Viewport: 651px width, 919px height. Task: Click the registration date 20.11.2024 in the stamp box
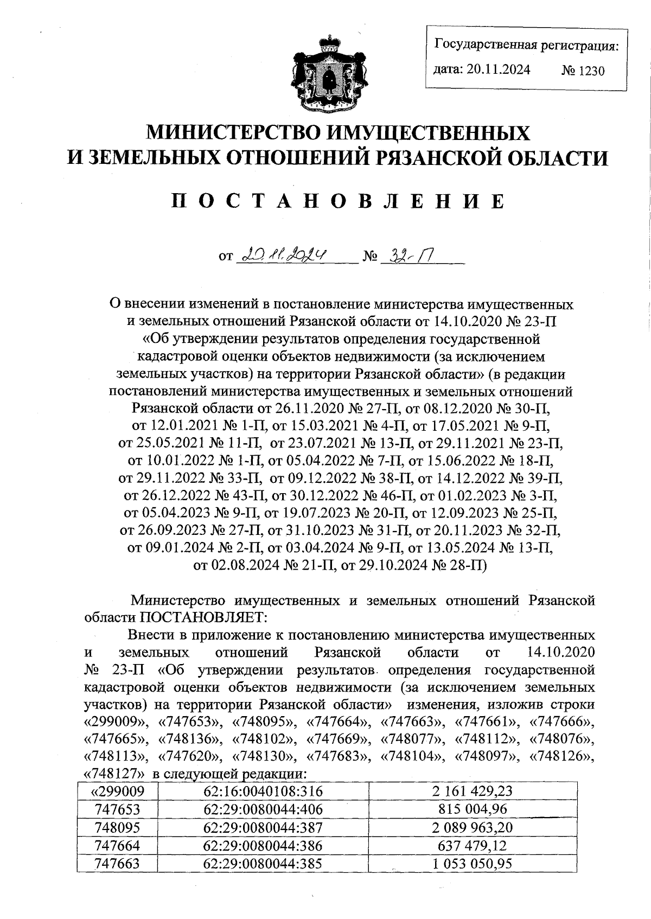tap(498, 69)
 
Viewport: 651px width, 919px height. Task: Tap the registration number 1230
tap(584, 71)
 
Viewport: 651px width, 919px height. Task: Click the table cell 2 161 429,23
tap(472, 791)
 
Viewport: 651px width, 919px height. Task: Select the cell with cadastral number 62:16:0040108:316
tap(263, 791)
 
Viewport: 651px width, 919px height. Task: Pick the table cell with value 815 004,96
tap(472, 809)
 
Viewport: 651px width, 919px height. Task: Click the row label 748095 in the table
tap(117, 827)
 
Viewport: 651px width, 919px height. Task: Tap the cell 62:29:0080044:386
tap(263, 845)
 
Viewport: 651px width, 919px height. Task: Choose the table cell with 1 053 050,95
tap(472, 863)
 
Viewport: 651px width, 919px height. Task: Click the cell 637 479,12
tap(472, 845)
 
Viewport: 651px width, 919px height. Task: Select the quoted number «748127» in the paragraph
tap(114, 773)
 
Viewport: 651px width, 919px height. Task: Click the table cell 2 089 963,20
tap(472, 827)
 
